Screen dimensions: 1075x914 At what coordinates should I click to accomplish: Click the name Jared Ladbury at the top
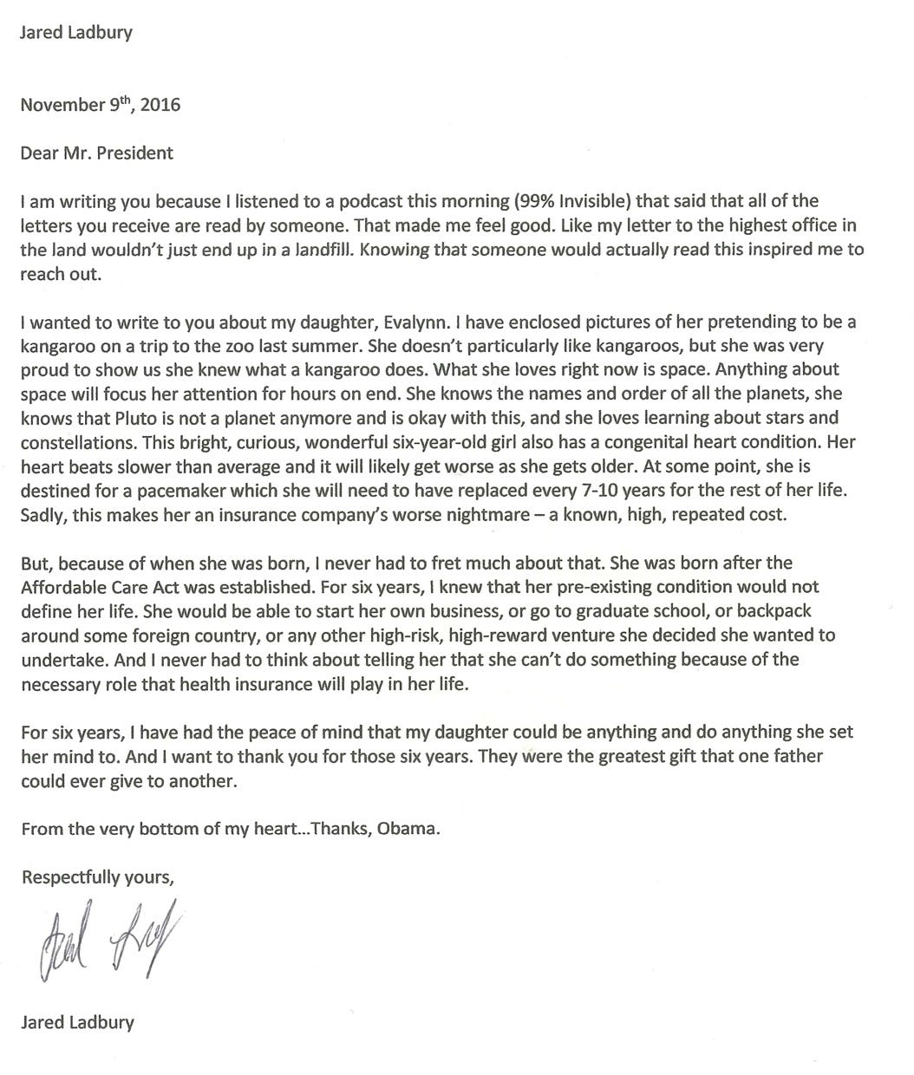pyautogui.click(x=76, y=33)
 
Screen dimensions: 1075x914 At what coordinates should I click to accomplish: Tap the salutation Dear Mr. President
pyautogui.click(x=96, y=153)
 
